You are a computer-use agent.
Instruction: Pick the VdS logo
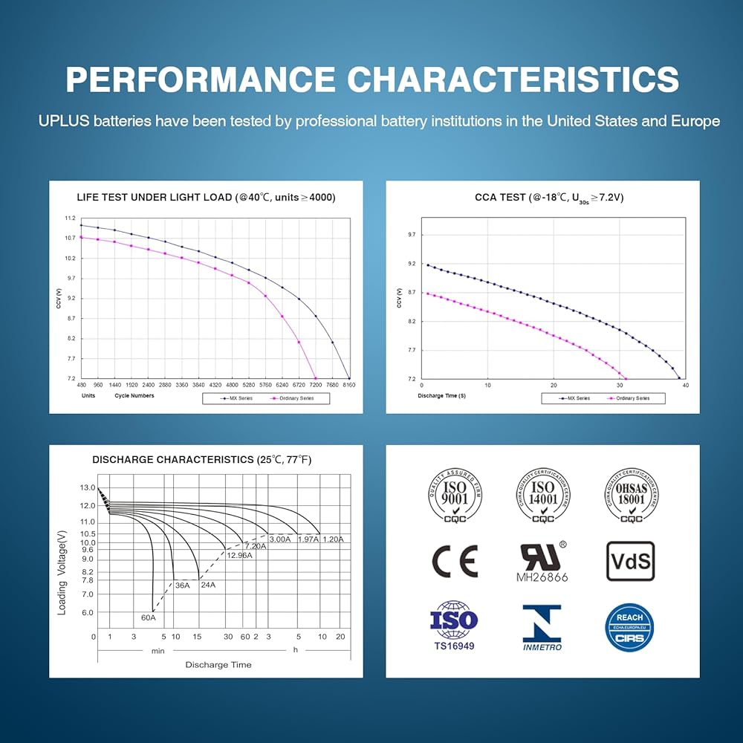pos(631,561)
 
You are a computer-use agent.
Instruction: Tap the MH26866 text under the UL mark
pos(542,576)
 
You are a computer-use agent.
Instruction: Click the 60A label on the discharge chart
pos(149,617)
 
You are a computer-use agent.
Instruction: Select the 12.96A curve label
pos(240,555)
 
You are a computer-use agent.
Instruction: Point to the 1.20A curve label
pos(333,539)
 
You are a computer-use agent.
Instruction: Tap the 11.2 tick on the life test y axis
pos(70,218)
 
